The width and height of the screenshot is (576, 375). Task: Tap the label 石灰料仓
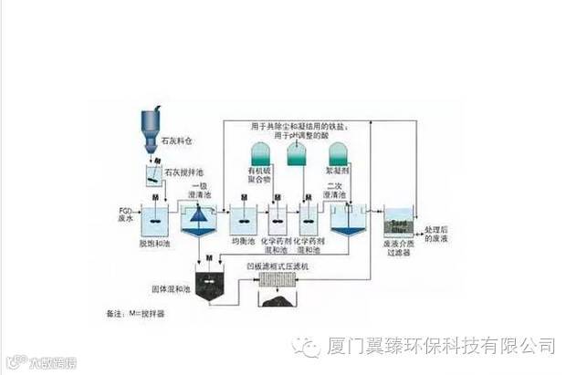[x=178, y=142]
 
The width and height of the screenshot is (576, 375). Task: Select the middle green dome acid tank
[x=298, y=154]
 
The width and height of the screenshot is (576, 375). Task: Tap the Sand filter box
[x=399, y=224]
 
